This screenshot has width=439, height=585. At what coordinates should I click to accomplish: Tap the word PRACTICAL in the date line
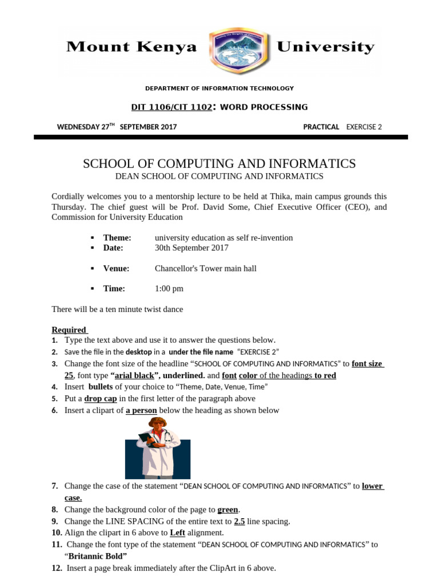[321, 127]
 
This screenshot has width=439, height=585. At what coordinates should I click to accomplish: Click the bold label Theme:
[117, 238]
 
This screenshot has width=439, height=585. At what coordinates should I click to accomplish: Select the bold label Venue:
[116, 269]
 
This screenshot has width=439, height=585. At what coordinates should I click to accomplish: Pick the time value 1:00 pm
[169, 289]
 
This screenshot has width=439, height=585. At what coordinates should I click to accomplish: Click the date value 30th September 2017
[191, 248]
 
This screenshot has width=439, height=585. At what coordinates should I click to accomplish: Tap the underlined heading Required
[69, 330]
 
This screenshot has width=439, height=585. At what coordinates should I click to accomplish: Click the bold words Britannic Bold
[98, 556]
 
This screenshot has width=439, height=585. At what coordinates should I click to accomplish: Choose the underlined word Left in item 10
[177, 532]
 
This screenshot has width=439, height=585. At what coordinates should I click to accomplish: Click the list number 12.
[57, 568]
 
